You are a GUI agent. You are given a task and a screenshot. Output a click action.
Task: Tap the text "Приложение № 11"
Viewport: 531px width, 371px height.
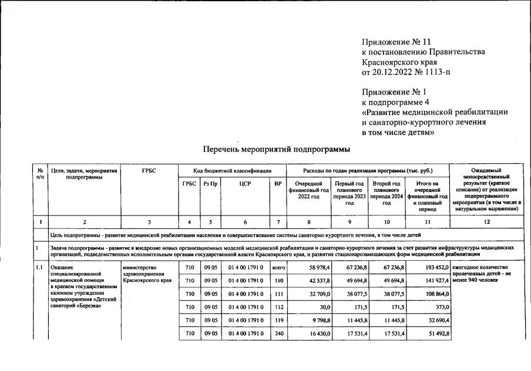396,42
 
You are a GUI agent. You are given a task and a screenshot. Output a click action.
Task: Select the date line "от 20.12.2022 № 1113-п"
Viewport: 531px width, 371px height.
407,72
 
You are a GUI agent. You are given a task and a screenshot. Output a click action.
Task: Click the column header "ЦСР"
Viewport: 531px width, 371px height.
245,183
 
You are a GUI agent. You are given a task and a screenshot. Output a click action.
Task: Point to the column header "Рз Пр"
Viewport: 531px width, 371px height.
210,183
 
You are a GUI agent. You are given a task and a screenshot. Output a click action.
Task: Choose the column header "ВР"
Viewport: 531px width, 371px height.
278,183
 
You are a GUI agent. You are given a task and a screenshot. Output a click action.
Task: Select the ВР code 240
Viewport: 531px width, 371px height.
278,333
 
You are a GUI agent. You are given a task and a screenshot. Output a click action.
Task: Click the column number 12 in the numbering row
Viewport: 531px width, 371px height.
487,222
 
